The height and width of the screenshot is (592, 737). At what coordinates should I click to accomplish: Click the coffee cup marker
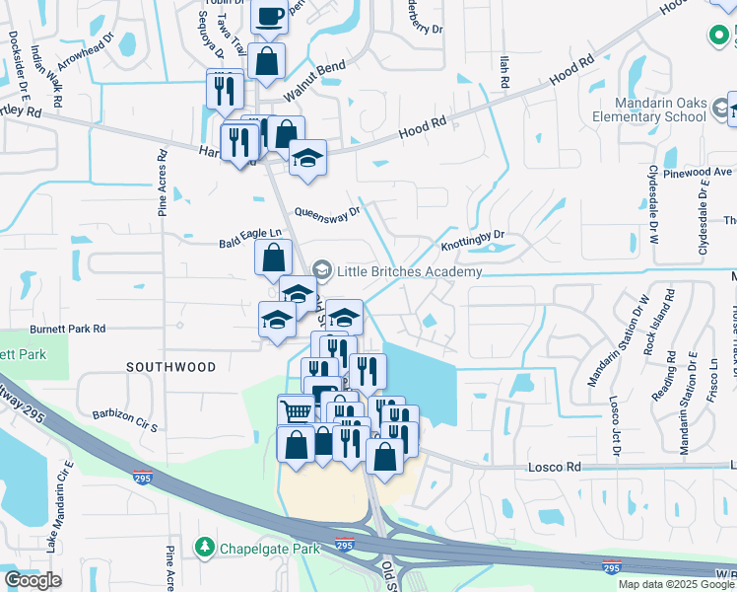(x=270, y=16)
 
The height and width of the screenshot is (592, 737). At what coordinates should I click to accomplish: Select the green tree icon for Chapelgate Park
(x=204, y=546)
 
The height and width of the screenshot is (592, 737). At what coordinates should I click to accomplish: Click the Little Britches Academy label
(x=410, y=271)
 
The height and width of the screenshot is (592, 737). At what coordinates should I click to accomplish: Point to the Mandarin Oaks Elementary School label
(x=661, y=110)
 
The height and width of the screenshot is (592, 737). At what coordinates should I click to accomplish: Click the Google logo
(x=33, y=580)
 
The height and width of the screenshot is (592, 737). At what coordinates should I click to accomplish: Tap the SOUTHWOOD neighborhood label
(x=170, y=367)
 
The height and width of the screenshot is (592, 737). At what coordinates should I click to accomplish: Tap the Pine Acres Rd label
(x=164, y=184)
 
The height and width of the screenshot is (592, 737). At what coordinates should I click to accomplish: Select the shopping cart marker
(x=295, y=410)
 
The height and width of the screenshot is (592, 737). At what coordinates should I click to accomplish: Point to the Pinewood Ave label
(x=699, y=173)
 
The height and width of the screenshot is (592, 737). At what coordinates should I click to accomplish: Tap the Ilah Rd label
(x=502, y=74)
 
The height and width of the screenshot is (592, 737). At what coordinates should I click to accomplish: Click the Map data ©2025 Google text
(x=675, y=584)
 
